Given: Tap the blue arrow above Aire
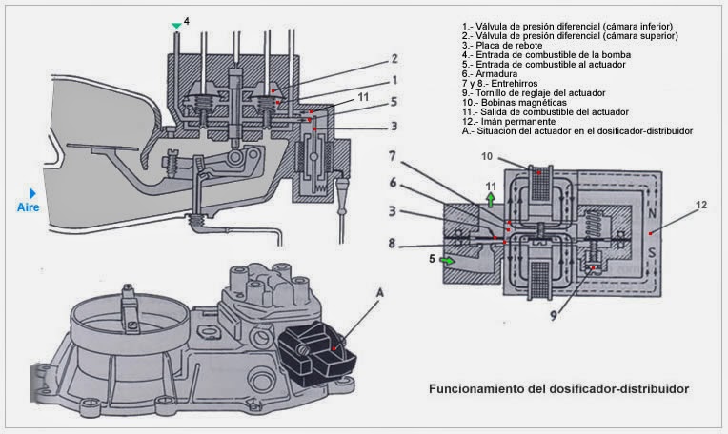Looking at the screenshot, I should pos(32,194).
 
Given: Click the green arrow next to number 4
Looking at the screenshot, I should pos(174,25).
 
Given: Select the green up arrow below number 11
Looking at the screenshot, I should pos(491,200).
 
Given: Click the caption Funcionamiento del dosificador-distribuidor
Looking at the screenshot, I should pos(557,388).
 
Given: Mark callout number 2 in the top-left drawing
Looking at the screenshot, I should pos(394,58).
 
